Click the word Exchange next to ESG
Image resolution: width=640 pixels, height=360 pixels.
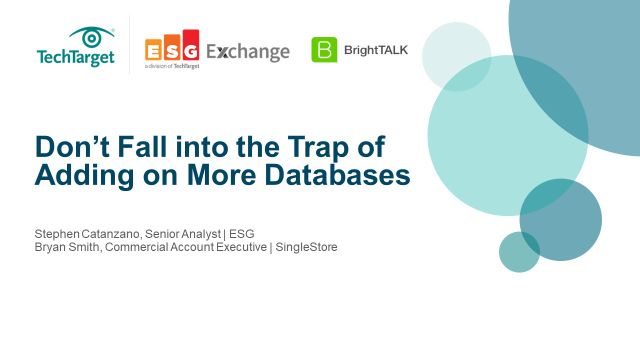tap(248, 50)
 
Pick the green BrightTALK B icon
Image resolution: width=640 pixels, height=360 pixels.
tap(324, 49)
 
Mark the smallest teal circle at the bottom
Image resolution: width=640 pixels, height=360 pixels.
tap(519, 252)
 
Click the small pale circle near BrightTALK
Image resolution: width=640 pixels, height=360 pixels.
tap(456, 56)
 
